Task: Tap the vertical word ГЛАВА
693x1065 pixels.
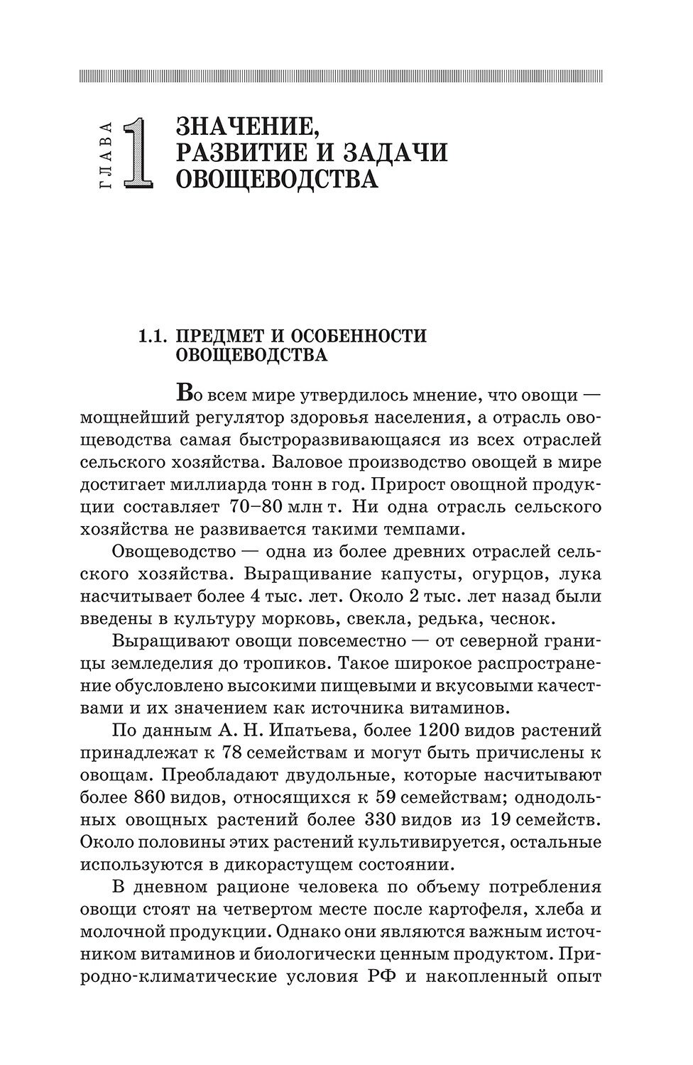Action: click(x=107, y=155)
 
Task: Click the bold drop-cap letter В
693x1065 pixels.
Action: click(x=183, y=391)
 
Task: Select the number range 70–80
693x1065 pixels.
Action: click(x=257, y=508)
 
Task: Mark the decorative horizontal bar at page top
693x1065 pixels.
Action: click(x=341, y=75)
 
